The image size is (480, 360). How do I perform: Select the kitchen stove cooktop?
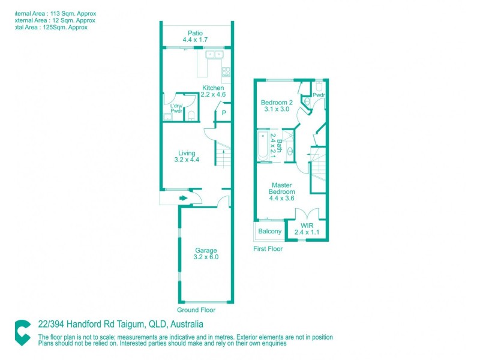(226, 72)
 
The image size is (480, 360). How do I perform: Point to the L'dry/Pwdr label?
(176, 108)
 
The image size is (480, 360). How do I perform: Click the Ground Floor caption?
(196, 310)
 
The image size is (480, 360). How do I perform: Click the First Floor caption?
(268, 248)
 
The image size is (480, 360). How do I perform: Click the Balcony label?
(269, 232)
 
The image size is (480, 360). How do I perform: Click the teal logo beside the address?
(23, 332)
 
